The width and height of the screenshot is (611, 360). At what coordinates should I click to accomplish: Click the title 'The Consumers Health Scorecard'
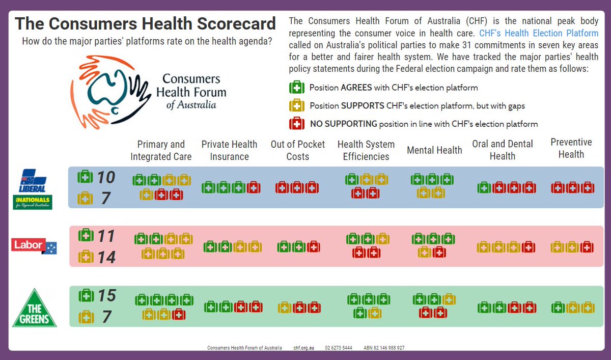coord(145,23)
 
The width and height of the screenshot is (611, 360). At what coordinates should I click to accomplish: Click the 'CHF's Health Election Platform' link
coord(539,34)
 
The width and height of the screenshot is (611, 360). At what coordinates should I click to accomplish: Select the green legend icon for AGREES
coord(297,88)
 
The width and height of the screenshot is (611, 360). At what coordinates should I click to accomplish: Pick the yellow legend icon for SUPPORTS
coord(297,106)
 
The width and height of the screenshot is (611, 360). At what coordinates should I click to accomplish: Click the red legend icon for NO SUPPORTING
coord(297,124)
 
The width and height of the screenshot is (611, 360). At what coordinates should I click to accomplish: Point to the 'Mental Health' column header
coord(434,150)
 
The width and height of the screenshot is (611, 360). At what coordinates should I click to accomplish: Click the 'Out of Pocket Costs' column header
coord(298,150)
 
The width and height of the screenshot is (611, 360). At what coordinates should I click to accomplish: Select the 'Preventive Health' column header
coord(571,148)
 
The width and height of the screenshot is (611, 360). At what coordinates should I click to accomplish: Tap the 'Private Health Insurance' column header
coord(229,150)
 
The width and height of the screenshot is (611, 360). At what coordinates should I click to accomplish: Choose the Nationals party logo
coord(33,202)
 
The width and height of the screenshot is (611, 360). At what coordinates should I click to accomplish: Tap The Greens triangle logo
coord(35,309)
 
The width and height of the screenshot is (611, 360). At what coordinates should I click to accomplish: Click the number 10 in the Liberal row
coord(106,177)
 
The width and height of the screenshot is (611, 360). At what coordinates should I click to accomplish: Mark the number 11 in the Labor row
coord(106,236)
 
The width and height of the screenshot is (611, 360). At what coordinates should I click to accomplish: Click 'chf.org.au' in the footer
coord(303,348)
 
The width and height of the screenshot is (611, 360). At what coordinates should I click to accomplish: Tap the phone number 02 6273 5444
coord(339,348)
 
